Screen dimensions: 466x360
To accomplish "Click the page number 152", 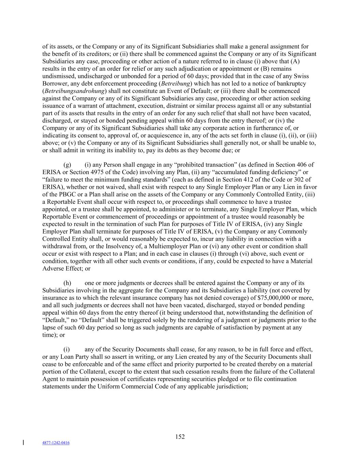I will click(180, 437).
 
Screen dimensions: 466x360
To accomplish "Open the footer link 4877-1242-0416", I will click(56, 443).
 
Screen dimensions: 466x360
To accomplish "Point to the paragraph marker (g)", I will click(67, 165).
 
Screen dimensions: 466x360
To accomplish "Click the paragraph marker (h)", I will click(67, 283).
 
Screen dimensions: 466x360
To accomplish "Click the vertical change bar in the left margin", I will click(23, 443).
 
